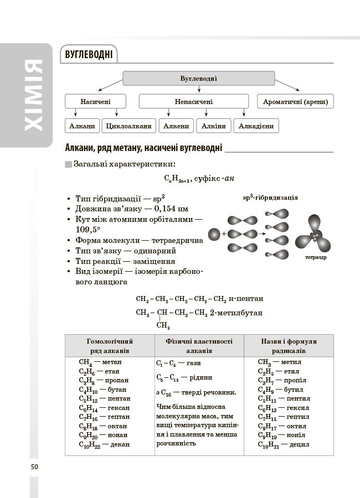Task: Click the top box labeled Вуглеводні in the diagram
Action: (x=198, y=79)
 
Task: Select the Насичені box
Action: (x=95, y=102)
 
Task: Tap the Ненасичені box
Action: (x=193, y=102)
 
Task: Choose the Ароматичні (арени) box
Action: (x=296, y=102)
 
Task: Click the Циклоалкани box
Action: (x=128, y=126)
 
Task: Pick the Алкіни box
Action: (x=213, y=126)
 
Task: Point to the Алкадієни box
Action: (x=256, y=126)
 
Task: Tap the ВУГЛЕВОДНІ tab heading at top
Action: (x=89, y=55)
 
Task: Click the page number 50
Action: (x=34, y=467)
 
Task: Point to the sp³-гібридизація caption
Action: (x=270, y=198)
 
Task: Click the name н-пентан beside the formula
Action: (x=245, y=299)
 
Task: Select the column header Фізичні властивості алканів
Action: (x=199, y=346)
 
